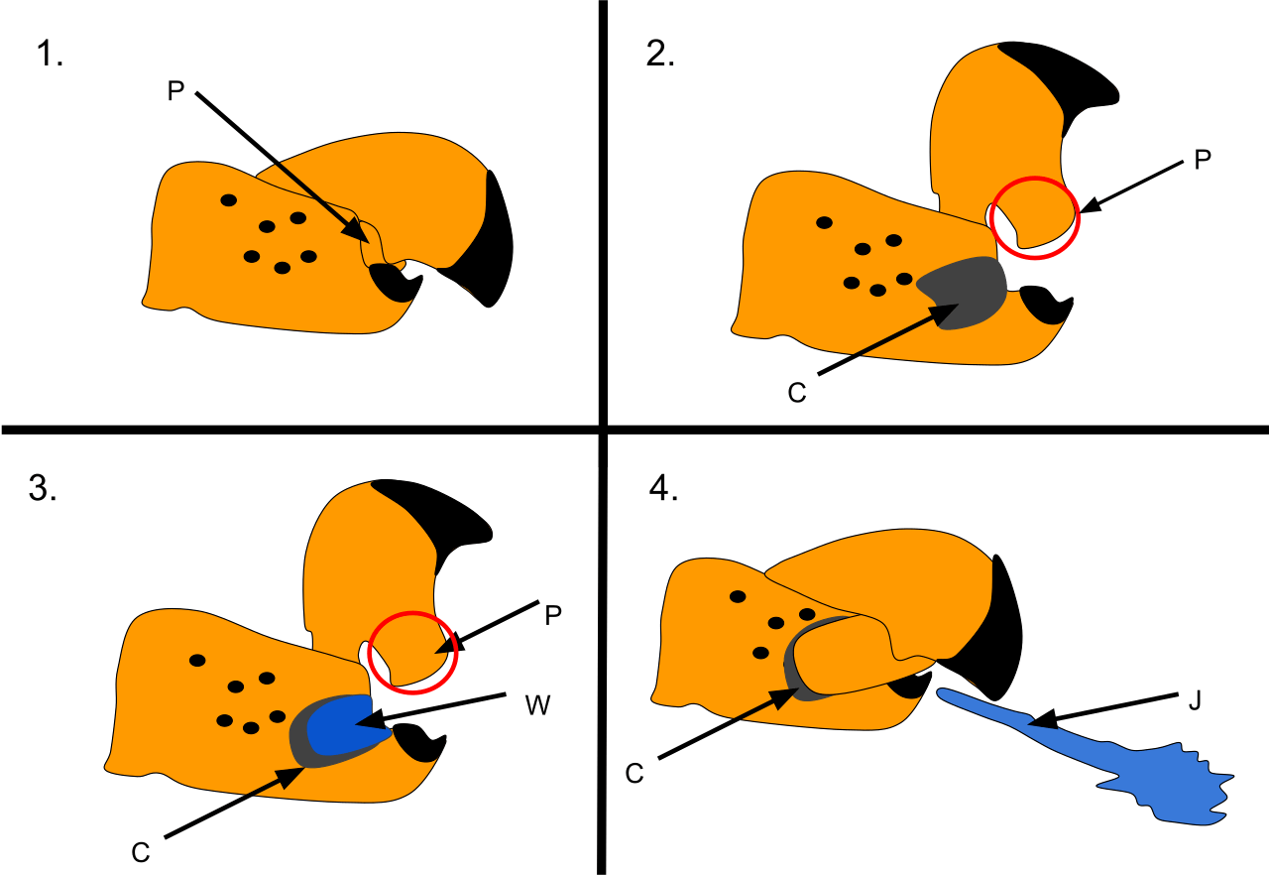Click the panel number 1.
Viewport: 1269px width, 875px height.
click(49, 56)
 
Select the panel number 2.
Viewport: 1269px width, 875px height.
click(660, 54)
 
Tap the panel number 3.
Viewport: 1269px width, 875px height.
click(42, 488)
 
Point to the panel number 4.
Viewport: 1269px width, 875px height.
click(662, 488)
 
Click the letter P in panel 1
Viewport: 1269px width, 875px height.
click(175, 91)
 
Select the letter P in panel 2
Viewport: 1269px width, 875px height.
click(1202, 160)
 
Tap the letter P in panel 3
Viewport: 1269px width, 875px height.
click(553, 614)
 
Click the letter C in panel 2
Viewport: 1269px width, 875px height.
click(796, 393)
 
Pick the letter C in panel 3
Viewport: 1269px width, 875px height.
click(141, 851)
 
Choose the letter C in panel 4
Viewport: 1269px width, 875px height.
click(634, 772)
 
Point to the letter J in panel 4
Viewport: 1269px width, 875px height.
click(1195, 700)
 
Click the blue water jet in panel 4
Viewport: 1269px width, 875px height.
click(1140, 774)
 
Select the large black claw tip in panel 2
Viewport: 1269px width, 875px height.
click(1071, 79)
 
